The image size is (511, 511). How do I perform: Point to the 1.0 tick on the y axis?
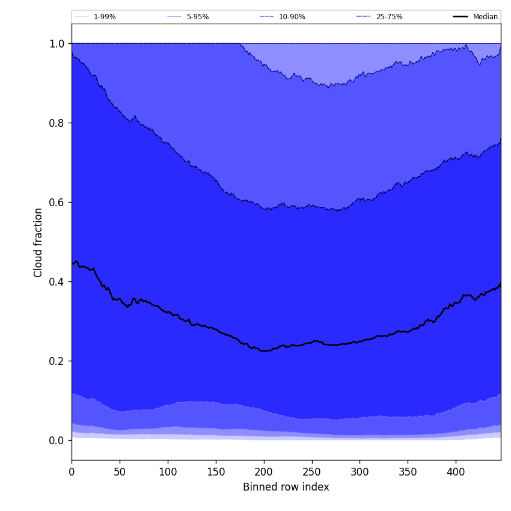coord(57,44)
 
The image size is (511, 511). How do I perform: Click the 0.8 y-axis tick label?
coord(57,123)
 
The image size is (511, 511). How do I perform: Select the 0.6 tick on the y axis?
coord(57,203)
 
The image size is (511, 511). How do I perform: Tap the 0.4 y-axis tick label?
coord(57,282)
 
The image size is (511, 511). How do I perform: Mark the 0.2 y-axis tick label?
coord(57,361)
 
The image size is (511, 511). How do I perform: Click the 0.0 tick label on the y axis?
coord(57,441)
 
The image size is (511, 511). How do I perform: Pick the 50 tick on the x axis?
coord(120,471)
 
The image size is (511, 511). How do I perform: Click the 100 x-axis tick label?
coord(168,471)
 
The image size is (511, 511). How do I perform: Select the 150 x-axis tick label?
coord(216,471)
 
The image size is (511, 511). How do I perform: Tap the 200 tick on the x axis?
coord(264,471)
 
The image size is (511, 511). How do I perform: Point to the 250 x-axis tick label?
coord(312,471)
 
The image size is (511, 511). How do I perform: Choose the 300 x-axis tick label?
coord(360,471)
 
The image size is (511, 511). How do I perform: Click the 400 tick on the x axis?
coord(456,471)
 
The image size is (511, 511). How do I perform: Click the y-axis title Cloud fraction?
coord(38,242)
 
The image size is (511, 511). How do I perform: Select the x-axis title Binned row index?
coord(286,488)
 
